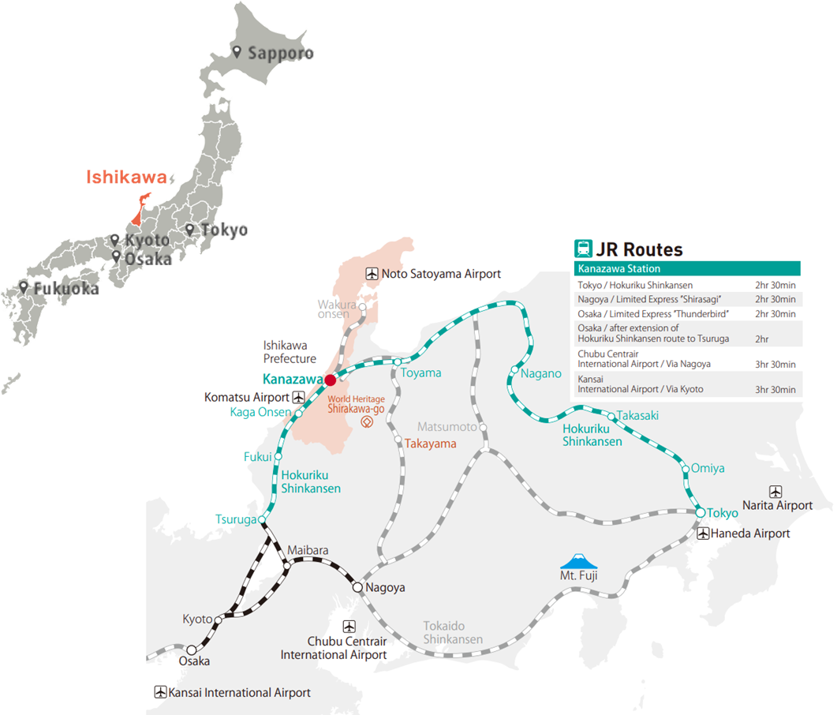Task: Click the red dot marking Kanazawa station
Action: [330, 379]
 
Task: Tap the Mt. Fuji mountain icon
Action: [579, 561]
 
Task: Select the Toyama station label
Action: [420, 372]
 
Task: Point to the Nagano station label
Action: [541, 373]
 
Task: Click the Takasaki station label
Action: [637, 415]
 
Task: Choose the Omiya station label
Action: [708, 468]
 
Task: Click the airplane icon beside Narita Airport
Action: [776, 491]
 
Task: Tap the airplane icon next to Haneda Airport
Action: [703, 533]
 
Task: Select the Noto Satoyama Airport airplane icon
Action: [372, 274]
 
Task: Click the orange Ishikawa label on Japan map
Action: [126, 178]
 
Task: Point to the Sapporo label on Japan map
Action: [281, 54]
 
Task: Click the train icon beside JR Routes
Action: [584, 249]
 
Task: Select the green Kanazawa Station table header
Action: [687, 269]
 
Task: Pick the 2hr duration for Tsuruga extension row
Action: [763, 339]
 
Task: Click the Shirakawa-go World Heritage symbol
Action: [367, 422]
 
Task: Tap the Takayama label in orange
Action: [431, 444]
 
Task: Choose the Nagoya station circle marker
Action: [357, 587]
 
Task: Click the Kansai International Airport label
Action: [240, 693]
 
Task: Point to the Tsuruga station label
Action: [236, 519]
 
